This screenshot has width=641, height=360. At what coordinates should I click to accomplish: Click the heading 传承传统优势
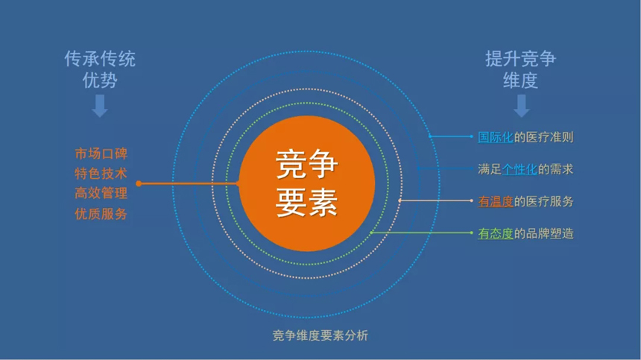coord(100,69)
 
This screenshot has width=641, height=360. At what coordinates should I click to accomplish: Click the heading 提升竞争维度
coord(520,69)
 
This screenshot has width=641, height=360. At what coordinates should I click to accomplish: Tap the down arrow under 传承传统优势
coord(100,106)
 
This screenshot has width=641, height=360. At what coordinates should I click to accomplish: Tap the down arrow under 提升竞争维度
coord(521,106)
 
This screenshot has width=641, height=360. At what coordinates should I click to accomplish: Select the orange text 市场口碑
coord(101,154)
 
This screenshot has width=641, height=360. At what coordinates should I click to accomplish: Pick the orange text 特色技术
coord(101,174)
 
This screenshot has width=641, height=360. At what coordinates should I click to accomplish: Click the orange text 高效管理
coord(101,193)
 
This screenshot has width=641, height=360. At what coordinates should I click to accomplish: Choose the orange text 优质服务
coord(101,214)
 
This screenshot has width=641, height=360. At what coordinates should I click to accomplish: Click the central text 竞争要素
coord(306,183)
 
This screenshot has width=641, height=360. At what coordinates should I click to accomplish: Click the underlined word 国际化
coord(496,137)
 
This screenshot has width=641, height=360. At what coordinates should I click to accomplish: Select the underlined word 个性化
coord(520,169)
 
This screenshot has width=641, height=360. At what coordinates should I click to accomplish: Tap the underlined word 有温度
coord(496,201)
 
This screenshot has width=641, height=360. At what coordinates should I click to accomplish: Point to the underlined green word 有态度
coord(496,233)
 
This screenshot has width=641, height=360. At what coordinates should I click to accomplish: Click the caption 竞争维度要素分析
coord(320,335)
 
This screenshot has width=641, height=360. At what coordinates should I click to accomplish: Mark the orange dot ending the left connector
coord(139,184)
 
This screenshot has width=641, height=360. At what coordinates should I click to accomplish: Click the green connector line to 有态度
coord(421,233)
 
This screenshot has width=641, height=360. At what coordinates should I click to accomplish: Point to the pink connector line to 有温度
coord(436,200)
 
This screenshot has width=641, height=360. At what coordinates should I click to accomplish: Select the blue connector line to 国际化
coord(450,136)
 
